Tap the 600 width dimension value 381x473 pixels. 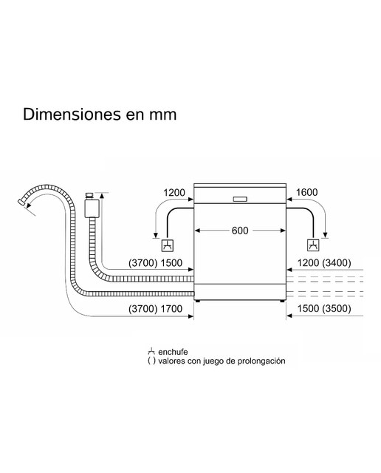[x=240, y=231]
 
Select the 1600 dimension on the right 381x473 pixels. [x=307, y=192]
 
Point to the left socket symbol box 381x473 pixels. [x=168, y=245]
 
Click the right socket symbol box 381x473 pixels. [x=313, y=245]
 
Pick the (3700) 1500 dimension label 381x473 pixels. [x=156, y=263]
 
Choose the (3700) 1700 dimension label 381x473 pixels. [x=156, y=309]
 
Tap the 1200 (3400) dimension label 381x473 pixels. [x=324, y=263]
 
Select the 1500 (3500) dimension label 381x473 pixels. [x=324, y=309]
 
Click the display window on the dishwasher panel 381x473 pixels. [x=240, y=199]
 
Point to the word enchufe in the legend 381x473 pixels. [x=173, y=352]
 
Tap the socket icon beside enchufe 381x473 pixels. [x=151, y=352]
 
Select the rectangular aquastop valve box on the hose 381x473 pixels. [x=92, y=208]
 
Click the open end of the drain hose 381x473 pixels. [x=21, y=203]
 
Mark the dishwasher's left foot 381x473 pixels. [x=197, y=301]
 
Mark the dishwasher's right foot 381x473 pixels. [x=282, y=301]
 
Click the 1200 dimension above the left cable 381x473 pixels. [x=174, y=192]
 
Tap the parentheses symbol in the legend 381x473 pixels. [x=151, y=361]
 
